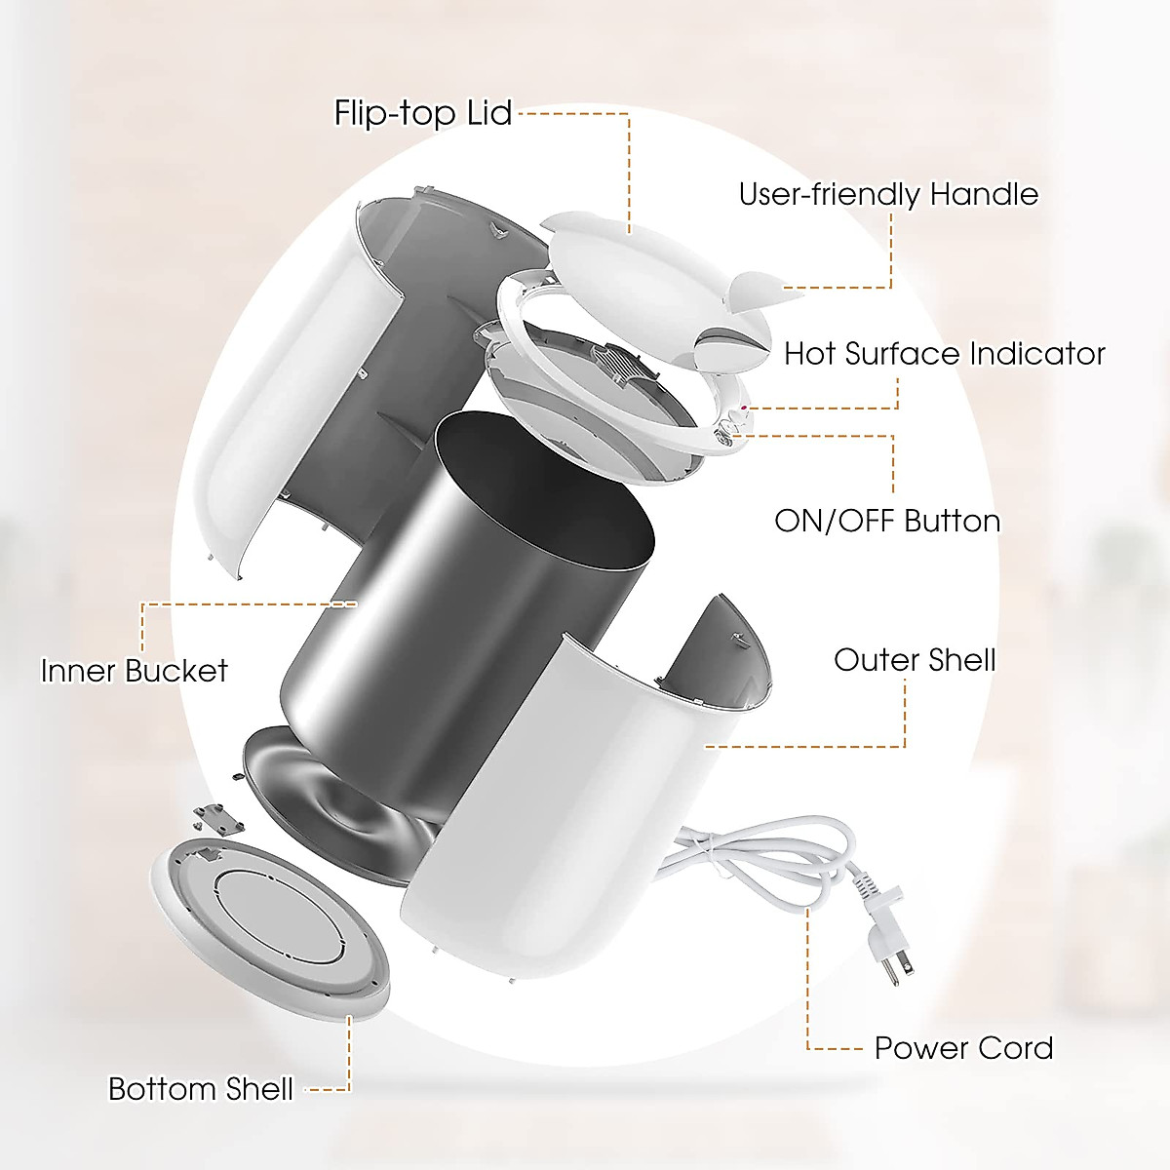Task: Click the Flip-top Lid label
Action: (x=422, y=113)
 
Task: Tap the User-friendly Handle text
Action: (x=888, y=194)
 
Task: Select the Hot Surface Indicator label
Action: (x=944, y=353)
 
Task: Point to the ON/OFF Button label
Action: (x=887, y=521)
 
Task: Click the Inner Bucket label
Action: (x=135, y=671)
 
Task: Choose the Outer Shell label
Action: (x=915, y=660)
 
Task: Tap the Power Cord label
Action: (x=963, y=1048)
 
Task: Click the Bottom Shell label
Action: (x=200, y=1088)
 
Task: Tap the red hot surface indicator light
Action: (x=746, y=409)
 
